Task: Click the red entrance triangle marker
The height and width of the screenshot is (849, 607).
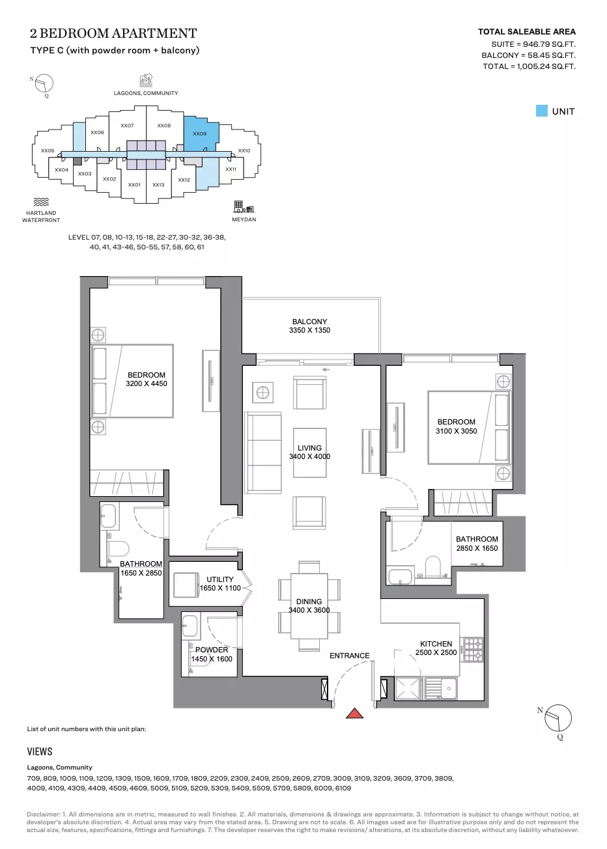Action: [x=354, y=714]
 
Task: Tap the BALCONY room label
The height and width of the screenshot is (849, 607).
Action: [x=309, y=322]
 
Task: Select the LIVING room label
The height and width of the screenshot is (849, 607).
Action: [x=309, y=448]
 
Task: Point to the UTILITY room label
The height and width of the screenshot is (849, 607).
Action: [x=220, y=579]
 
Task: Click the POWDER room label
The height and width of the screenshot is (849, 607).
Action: [x=212, y=650]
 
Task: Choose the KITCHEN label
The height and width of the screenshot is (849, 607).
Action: [x=436, y=644]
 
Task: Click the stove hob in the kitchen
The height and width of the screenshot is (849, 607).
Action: [x=473, y=650]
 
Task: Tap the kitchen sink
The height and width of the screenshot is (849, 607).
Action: [x=440, y=688]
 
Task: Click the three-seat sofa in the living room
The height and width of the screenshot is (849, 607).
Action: [x=262, y=453]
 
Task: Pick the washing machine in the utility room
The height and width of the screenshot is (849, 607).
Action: [x=186, y=585]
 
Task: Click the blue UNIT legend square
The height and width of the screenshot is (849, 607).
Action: [x=541, y=111]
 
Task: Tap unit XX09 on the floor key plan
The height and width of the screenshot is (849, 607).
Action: [x=201, y=133]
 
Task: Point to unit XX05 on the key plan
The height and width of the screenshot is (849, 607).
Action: [x=48, y=150]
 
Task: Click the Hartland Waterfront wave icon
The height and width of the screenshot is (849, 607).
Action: [x=41, y=202]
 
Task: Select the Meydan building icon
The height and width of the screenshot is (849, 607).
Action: [x=244, y=206]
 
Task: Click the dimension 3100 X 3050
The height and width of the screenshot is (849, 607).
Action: [x=456, y=431]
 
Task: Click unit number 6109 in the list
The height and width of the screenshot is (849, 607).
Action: [x=343, y=788]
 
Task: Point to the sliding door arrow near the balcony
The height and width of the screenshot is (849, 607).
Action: [x=326, y=370]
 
